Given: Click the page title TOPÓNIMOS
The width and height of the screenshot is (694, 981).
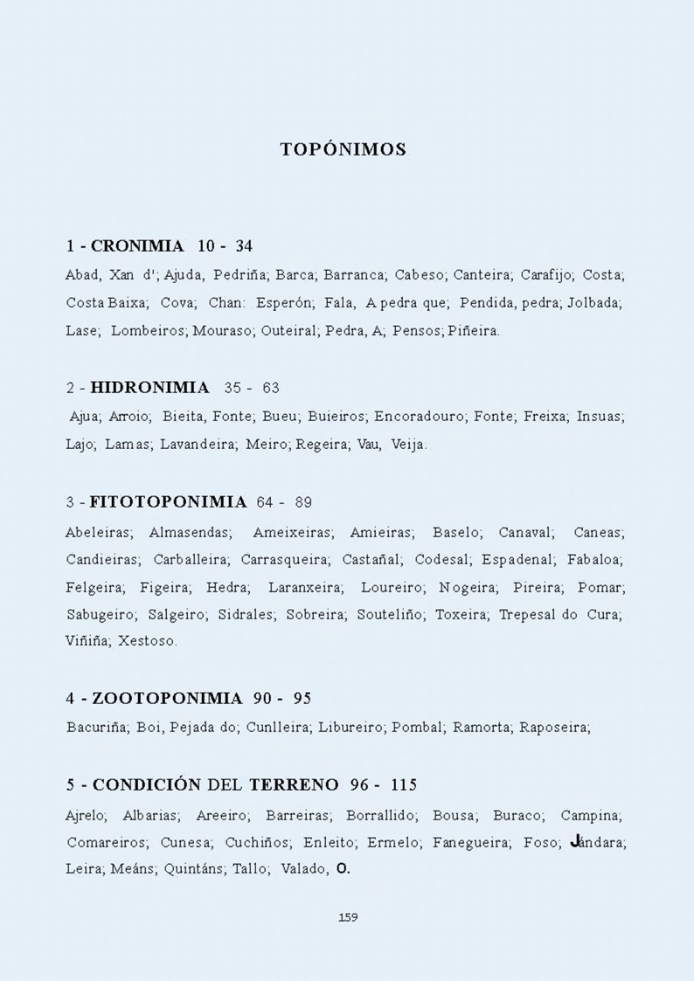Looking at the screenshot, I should click(x=343, y=149).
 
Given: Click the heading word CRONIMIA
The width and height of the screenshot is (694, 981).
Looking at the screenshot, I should click(x=137, y=246).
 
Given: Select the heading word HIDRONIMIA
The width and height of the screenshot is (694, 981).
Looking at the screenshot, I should click(x=149, y=388).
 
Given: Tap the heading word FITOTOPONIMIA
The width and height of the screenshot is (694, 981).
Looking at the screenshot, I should click(x=168, y=502).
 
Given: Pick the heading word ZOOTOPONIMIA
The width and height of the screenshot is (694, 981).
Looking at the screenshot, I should click(x=167, y=699).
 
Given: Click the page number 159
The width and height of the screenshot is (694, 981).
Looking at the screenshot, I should click(x=347, y=917).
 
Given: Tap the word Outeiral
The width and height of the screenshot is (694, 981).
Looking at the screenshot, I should click(x=288, y=332).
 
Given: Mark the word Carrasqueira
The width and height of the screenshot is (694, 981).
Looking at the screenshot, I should click(x=285, y=559).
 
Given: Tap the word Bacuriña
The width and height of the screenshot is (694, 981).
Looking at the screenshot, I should click(x=98, y=727).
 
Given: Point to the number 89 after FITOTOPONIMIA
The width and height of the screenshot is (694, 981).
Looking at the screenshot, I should click(x=303, y=502).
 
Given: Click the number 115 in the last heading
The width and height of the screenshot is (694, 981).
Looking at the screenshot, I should click(x=404, y=784).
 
